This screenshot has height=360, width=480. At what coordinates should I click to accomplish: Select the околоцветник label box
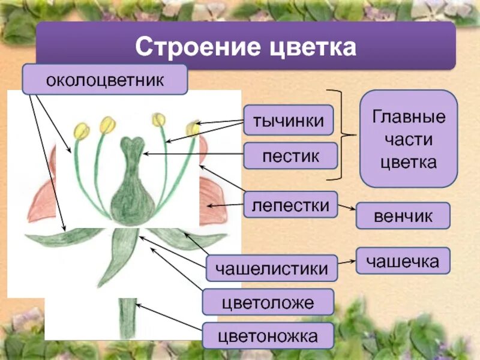(105, 80)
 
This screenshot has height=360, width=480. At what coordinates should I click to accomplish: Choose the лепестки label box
(290, 205)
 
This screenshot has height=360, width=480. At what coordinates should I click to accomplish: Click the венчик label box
(403, 216)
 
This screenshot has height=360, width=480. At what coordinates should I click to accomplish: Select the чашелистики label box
(271, 268)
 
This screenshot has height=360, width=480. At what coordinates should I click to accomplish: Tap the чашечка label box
(403, 261)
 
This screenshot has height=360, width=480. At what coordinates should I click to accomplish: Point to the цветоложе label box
(268, 302)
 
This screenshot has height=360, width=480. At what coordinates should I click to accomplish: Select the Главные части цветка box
(409, 139)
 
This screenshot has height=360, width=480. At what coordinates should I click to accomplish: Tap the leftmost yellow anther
(82, 130)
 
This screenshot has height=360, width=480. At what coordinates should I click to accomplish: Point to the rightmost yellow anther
(193, 128)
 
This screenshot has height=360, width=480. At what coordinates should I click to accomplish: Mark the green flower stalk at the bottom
(127, 318)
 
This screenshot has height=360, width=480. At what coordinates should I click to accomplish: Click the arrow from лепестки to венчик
(347, 208)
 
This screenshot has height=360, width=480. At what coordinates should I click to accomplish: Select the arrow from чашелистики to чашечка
(347, 261)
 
